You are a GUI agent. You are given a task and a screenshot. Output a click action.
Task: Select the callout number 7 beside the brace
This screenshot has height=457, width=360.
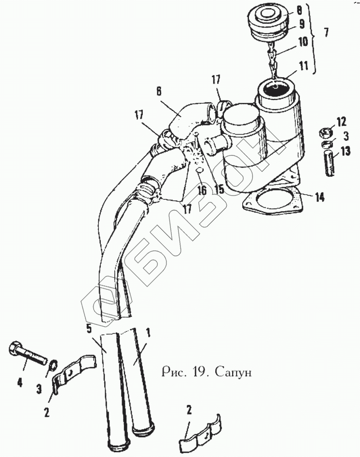coord(327,33)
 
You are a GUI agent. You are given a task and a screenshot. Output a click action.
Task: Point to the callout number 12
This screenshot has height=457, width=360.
coord(328,120)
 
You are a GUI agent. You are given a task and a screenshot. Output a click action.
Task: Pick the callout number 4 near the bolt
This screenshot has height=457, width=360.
coord(20,383)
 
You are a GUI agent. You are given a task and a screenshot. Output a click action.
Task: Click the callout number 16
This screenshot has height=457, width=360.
coord(202,190)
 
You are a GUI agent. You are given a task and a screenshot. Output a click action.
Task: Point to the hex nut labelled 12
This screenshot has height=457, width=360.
coord(326,131)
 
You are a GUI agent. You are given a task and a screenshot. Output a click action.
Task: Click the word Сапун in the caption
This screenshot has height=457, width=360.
coord(234,373)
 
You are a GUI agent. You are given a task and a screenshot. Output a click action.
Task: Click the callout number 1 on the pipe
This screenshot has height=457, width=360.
coord(148,332)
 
